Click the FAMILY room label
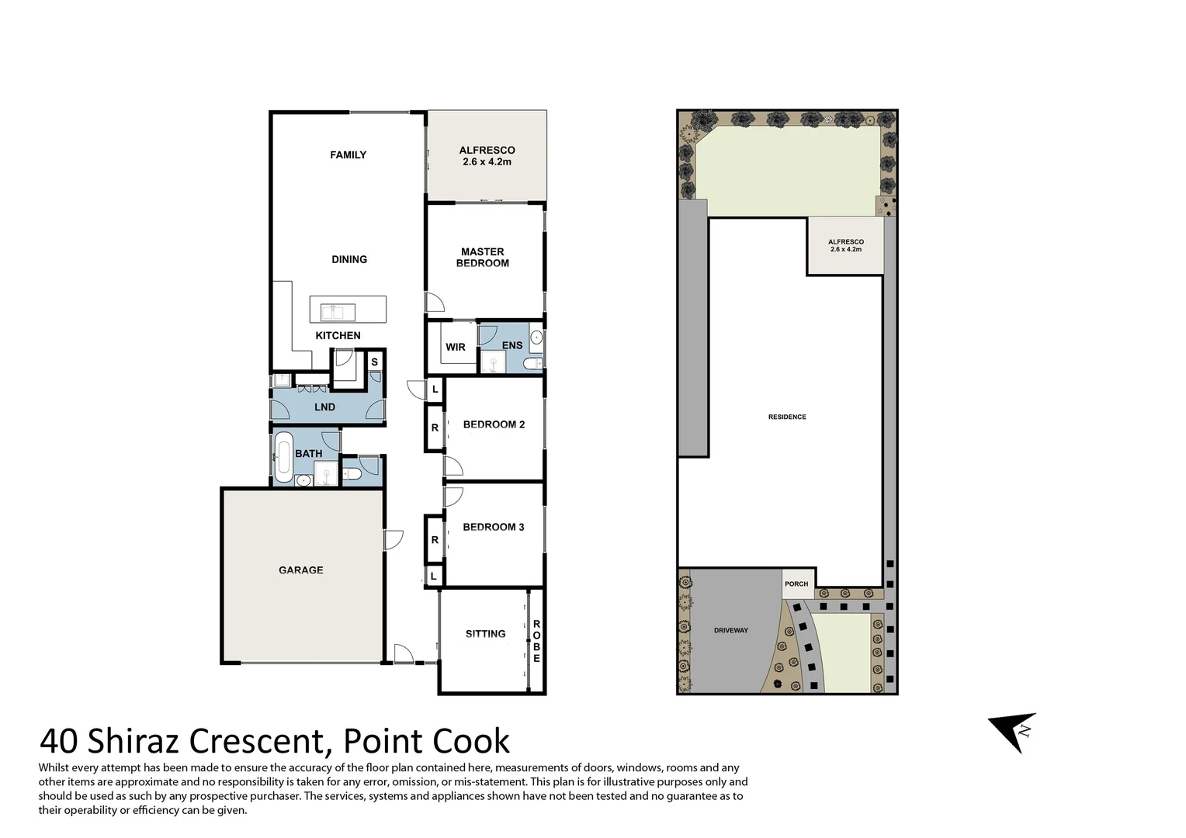pos(348,155)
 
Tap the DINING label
pos(349,259)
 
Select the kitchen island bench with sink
pos(348,310)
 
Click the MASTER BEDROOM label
pos(482,258)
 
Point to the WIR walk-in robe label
pos(456,347)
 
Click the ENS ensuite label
pos(512,345)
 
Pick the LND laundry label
pos(324,407)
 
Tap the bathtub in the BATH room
pos(283,457)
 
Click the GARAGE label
pos(300,570)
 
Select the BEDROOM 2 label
pos(494,424)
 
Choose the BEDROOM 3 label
pos(494,527)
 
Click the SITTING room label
pos(485,634)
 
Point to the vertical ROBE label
pos(536,642)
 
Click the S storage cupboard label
pos(374,362)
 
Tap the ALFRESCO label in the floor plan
pos(487,156)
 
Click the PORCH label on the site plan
pos(796,584)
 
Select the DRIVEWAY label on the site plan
pos(730,631)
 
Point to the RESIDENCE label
pos(787,417)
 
